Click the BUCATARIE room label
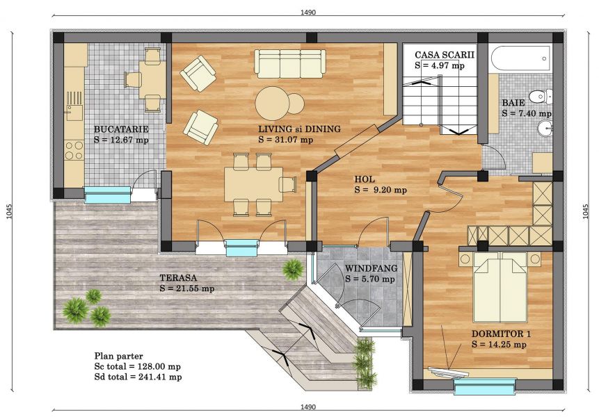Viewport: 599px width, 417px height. tap(121, 129)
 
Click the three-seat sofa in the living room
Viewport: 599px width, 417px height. tap(290, 64)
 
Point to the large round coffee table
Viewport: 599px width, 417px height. tap(273, 103)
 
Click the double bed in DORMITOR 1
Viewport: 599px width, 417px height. tap(500, 287)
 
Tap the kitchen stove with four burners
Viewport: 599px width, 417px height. tap(74, 150)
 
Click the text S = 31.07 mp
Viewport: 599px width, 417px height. tap(285, 140)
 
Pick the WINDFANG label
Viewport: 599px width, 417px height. tap(371, 268)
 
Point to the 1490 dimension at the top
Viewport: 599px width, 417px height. tap(308, 13)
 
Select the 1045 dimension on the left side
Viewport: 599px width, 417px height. tap(10, 212)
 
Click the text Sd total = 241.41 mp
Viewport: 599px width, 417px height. tap(138, 377)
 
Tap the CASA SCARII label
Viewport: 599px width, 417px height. tap(445, 55)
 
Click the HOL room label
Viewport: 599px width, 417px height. tap(365, 179)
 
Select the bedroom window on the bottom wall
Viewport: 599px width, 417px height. tap(485, 386)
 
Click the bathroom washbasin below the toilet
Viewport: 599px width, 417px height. tap(544, 128)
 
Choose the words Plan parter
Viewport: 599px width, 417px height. tap(118, 357)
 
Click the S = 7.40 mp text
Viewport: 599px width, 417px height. tap(527, 113)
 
